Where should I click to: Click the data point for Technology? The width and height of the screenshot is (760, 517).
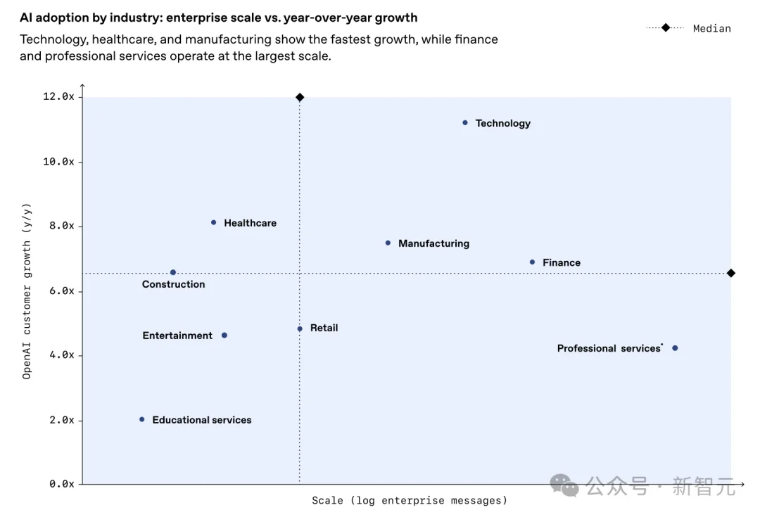(465, 122)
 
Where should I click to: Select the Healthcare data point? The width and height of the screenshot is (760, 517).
(214, 222)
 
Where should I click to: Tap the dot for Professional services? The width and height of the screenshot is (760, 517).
(675, 348)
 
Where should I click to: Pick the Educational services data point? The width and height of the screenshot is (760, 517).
(142, 419)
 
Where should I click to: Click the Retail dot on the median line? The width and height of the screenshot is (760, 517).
(300, 328)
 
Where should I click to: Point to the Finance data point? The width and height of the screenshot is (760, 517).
(532, 262)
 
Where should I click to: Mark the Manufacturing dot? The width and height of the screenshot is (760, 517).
(388, 243)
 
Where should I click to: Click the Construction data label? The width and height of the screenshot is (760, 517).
(173, 284)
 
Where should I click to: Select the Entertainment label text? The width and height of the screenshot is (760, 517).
(177, 336)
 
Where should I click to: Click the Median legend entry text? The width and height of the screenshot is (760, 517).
(711, 28)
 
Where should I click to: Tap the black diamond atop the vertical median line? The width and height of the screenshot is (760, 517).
(300, 97)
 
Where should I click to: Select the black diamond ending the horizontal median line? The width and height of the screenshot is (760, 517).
(731, 273)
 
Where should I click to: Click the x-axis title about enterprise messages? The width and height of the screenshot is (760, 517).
(410, 501)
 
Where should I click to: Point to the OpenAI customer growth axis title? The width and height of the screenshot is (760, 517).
(27, 291)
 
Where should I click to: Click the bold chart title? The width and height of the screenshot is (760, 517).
(218, 18)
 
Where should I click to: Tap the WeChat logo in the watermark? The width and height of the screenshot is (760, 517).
(564, 485)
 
